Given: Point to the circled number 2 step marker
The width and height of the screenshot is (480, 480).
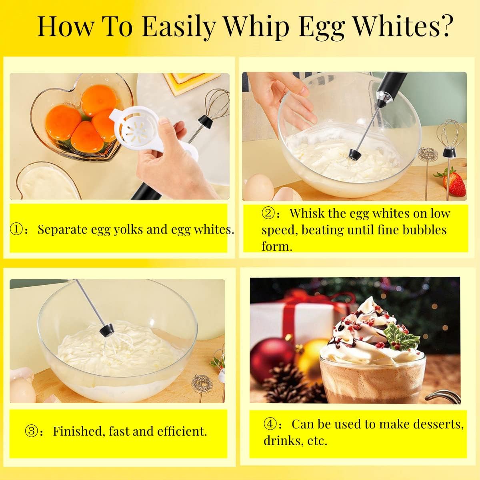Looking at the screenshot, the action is [268, 214].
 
